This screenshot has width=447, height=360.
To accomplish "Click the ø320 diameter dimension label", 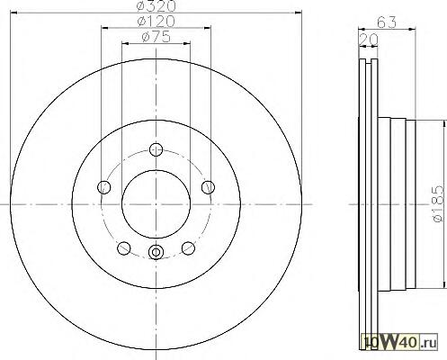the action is coord(156,5).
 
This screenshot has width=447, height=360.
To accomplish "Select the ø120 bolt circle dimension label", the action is coord(156,21).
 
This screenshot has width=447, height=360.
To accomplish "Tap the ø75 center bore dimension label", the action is coord(156,37).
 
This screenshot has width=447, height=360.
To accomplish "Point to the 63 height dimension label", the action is coord(387,22).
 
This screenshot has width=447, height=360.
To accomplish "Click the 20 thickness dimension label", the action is coord(369,40).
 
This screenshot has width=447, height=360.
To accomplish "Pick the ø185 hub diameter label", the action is coord(438,204).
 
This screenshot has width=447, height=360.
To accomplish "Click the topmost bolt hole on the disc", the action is coord(156,149).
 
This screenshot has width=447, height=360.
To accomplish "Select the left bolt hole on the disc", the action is coord(104,187).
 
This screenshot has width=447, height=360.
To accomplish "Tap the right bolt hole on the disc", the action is coord(208,187).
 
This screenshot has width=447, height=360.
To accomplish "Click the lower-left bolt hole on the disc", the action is coord(124,248).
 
